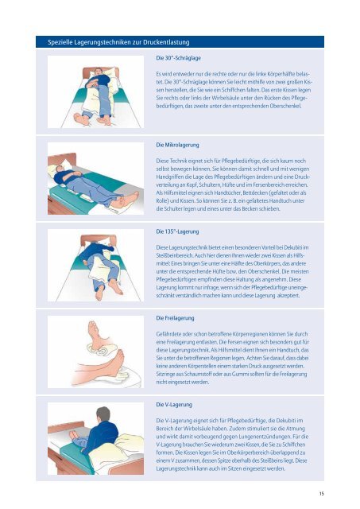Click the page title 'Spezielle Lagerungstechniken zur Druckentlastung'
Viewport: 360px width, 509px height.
pyautogui.click(x=118, y=42)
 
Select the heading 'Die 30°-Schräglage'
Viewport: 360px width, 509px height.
pyautogui.click(x=178, y=58)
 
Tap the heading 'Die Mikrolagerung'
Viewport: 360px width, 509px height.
pyautogui.click(x=177, y=145)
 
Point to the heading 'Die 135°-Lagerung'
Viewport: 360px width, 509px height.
pyautogui.click(x=177, y=231)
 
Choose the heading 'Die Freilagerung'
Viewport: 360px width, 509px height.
pyautogui.click(x=175, y=318)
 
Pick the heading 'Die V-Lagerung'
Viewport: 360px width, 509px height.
pyautogui.click(x=174, y=405)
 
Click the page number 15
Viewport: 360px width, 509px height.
pyautogui.click(x=321, y=494)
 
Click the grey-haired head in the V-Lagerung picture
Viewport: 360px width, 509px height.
pyautogui.click(x=103, y=414)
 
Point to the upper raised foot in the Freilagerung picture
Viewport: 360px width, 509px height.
pyautogui.click(x=96, y=334)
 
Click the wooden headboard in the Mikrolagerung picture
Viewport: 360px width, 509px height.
pyautogui.click(x=62, y=161)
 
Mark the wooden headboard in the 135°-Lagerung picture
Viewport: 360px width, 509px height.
pyautogui.click(x=99, y=239)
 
